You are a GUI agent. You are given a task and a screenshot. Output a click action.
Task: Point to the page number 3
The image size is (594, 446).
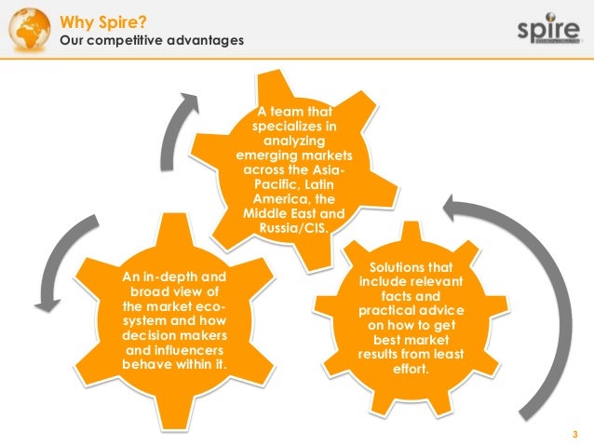pyautogui.click(x=574, y=433)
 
